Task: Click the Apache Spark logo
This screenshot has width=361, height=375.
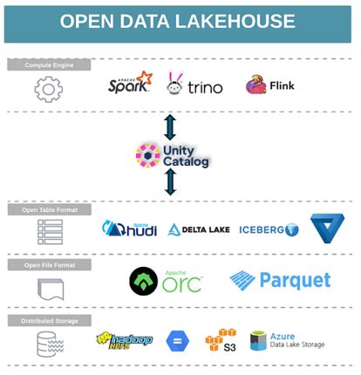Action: pos(130,84)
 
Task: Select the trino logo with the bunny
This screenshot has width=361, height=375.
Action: pos(194,85)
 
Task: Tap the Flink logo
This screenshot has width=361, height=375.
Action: pos(269,85)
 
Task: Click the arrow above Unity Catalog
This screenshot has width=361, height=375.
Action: pos(170,127)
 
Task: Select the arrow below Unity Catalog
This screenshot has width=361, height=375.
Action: pos(170,182)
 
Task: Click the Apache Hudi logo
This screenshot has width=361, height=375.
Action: pos(129,229)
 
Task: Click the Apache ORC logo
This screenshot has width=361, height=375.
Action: pos(165,280)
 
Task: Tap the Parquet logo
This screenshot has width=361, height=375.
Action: pos(280,281)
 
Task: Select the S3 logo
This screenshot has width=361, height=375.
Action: pos(220,340)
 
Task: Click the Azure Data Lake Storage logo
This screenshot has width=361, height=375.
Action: pos(287,340)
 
